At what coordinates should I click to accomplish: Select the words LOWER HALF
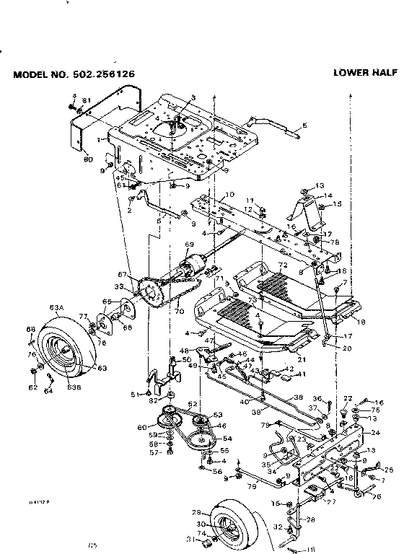[x=364, y=72]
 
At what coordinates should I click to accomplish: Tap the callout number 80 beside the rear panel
[x=88, y=158]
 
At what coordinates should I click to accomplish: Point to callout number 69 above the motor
[x=190, y=245]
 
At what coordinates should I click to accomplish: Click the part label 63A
[x=56, y=307]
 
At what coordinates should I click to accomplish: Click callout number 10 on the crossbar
[x=230, y=195]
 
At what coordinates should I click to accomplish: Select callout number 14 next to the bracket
[x=328, y=195]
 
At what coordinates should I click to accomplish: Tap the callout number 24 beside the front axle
[x=374, y=434]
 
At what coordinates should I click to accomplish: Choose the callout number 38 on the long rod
[x=298, y=397]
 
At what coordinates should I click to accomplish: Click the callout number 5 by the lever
[x=304, y=126]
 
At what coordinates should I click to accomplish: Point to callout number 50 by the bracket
[x=186, y=359]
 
